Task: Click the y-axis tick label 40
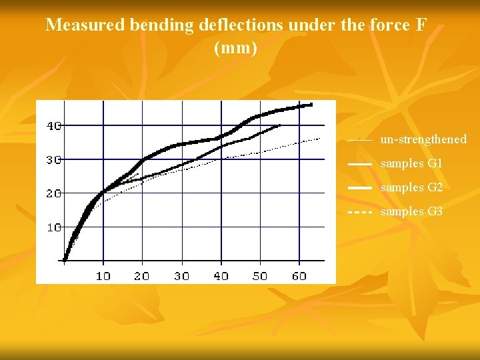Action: coord(53,125)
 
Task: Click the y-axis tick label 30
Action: coord(53,159)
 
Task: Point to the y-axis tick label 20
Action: coord(53,193)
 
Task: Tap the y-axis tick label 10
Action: coord(53,227)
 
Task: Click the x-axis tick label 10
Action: coord(103,275)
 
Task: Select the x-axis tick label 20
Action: coord(142,275)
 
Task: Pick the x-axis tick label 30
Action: coord(181,275)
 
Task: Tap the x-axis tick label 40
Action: coord(221,275)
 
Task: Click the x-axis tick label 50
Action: coord(260,275)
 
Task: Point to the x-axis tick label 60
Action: coord(299,275)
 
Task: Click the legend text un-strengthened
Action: coord(423,139)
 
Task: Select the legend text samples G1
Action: coord(411,163)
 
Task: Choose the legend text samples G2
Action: coord(411,187)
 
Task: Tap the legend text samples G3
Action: coord(411,211)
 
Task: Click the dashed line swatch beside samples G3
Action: coord(360,212)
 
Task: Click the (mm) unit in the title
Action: coord(235,48)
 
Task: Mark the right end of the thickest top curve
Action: coord(311,104)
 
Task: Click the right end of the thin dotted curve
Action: coord(321,138)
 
